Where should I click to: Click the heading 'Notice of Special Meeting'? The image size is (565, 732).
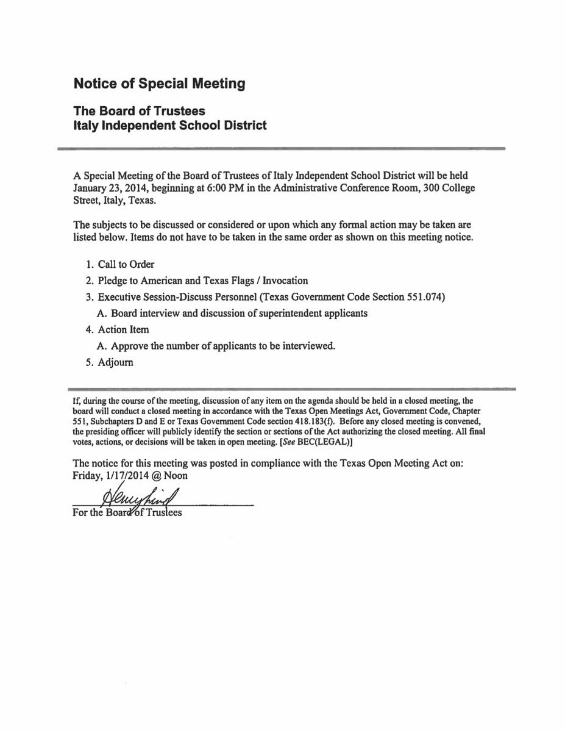[x=159, y=84]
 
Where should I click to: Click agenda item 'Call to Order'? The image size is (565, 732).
[x=126, y=264]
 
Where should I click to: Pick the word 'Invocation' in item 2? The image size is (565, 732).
[x=285, y=281]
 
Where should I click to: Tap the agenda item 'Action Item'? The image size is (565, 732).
[x=123, y=329]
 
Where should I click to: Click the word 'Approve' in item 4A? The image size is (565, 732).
[x=128, y=346]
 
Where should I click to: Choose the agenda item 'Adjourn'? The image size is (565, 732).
[x=115, y=362]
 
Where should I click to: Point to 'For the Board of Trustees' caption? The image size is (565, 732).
[x=127, y=512]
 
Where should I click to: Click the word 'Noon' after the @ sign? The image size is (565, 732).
[x=174, y=476]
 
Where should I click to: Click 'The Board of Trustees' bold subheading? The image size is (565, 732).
[x=139, y=112]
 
